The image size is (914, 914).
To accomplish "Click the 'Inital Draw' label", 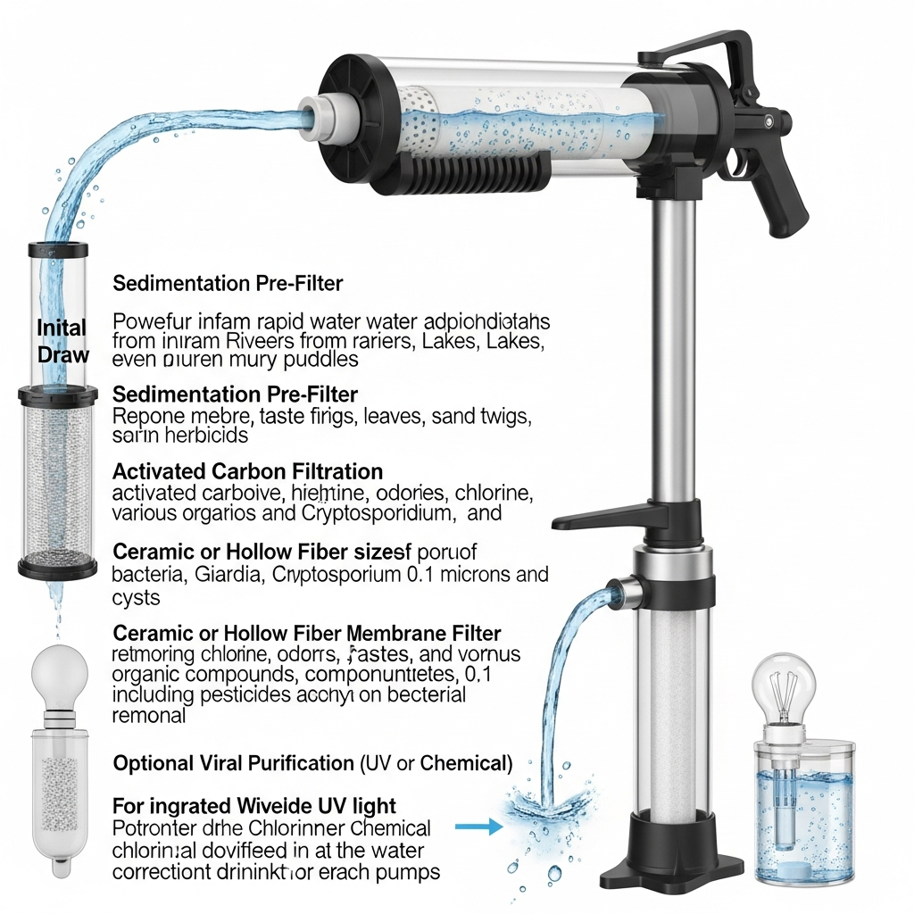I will click(62, 341).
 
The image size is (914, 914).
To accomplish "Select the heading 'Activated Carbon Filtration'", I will click(247, 471).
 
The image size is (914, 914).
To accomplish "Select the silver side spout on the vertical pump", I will click(621, 590).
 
